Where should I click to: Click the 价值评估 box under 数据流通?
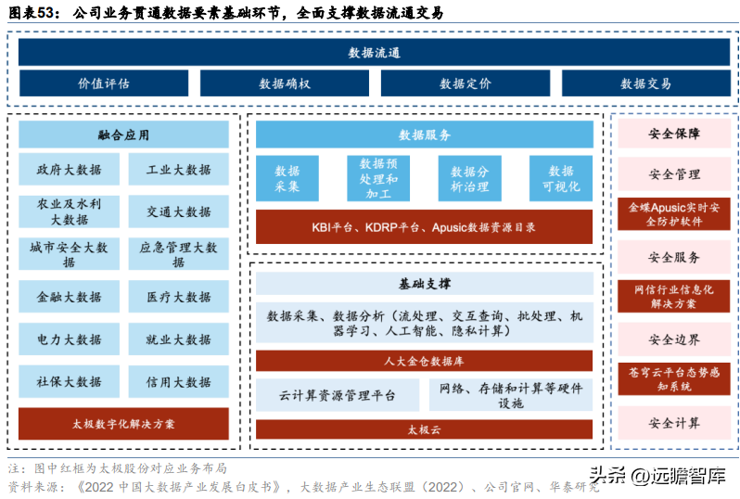(104, 83)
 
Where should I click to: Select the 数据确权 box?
(285, 83)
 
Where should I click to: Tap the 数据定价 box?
(466, 83)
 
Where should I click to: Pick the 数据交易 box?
(645, 83)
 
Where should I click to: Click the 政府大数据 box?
(70, 171)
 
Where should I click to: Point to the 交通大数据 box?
(179, 212)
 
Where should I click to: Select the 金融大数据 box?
(70, 298)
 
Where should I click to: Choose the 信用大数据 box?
(179, 382)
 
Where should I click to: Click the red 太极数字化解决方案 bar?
(124, 424)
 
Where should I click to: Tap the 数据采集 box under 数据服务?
(287, 178)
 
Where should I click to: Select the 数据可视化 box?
(561, 178)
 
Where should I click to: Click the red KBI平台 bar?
(424, 227)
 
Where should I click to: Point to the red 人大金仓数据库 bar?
(424, 359)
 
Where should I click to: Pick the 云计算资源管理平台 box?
(338, 396)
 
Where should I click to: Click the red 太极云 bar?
(424, 429)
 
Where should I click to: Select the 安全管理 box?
(674, 174)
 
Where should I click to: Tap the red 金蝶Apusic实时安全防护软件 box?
(674, 214)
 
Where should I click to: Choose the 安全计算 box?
(674, 424)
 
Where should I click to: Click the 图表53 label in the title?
(35, 13)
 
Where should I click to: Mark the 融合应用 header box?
(124, 134)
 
